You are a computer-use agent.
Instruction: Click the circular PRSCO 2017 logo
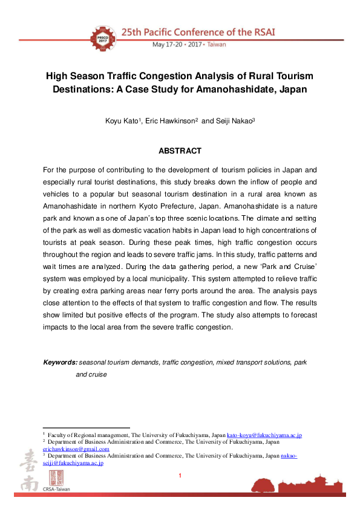tap(103, 36)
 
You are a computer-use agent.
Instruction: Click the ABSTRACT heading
tap(180, 151)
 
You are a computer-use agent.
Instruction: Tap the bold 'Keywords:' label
tap(60, 362)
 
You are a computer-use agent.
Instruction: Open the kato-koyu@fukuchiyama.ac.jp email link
tap(264, 435)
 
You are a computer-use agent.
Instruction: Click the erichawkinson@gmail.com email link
tap(76, 449)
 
